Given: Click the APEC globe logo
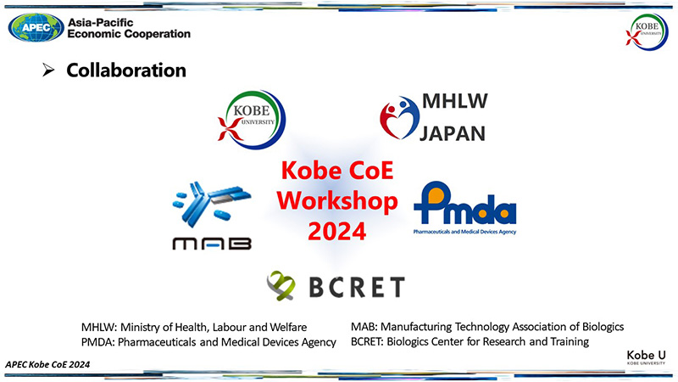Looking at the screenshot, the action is [36, 27].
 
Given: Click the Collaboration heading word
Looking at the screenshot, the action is [126, 70].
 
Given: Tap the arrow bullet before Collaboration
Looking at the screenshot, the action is [48, 70].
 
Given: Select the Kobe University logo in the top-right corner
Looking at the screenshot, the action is [647, 31].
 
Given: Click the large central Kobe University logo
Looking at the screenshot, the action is [252, 120].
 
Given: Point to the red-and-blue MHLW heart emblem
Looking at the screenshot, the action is [399, 118].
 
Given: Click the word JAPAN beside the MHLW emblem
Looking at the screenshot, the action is [453, 133].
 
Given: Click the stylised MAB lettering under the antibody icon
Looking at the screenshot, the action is [212, 244].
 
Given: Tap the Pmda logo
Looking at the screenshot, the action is [464, 208].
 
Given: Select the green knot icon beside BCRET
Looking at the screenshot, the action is [281, 285].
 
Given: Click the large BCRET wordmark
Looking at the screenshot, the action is [357, 287].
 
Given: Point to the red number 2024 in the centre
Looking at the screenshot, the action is [336, 231].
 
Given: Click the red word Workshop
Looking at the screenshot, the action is [337, 201].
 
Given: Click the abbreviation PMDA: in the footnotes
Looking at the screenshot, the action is [98, 342].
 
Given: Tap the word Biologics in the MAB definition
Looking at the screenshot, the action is [603, 327].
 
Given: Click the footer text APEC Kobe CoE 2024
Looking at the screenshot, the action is [47, 365].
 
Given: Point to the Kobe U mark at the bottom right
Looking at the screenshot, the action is [647, 357].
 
